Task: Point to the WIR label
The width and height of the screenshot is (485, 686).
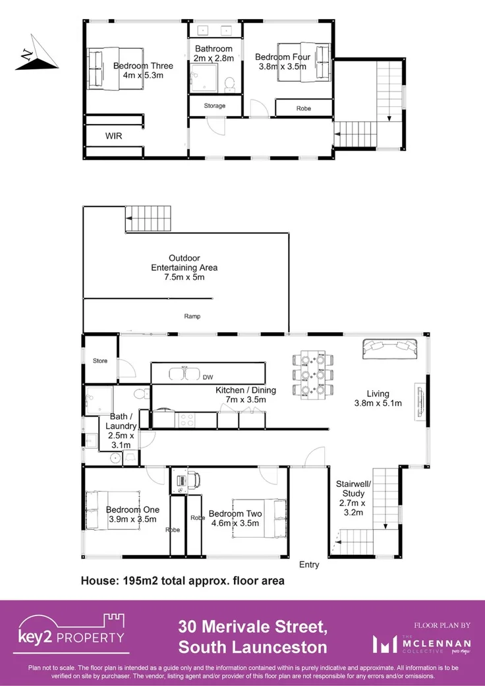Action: [114, 136]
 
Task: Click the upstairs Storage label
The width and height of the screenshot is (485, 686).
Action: [214, 105]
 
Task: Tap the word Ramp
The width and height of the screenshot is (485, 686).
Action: [192, 316]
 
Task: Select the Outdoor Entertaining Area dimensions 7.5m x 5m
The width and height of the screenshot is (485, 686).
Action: [184, 277]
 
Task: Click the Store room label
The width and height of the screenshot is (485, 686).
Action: [100, 360]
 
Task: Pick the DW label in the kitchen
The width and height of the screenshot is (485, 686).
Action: [208, 378]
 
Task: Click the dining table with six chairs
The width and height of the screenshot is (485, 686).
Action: [313, 376]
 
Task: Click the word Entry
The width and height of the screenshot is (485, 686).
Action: [309, 565]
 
